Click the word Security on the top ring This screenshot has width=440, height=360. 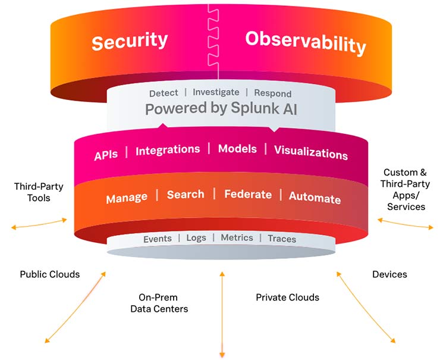pos(130,42)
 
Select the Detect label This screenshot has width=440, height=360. pos(163,93)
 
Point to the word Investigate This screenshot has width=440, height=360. pos(216,92)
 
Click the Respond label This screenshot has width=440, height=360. pos(272,93)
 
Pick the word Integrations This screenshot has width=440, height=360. pos(168,151)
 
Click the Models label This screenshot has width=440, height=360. pos(237,149)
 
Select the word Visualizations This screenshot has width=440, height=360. pos(310,152)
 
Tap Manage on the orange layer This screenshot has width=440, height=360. pos(126,198)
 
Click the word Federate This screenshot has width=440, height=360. pos(247,195)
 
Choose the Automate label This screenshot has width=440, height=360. pos(315,198)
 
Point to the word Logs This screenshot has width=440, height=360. pos(196,237)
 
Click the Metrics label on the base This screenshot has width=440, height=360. pos(237,237)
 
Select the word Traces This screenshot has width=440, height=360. pos(281,239)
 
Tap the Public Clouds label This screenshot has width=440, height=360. pos(50,274)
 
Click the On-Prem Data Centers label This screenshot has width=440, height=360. pos(159,303)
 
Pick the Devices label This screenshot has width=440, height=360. pos(389,274)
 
